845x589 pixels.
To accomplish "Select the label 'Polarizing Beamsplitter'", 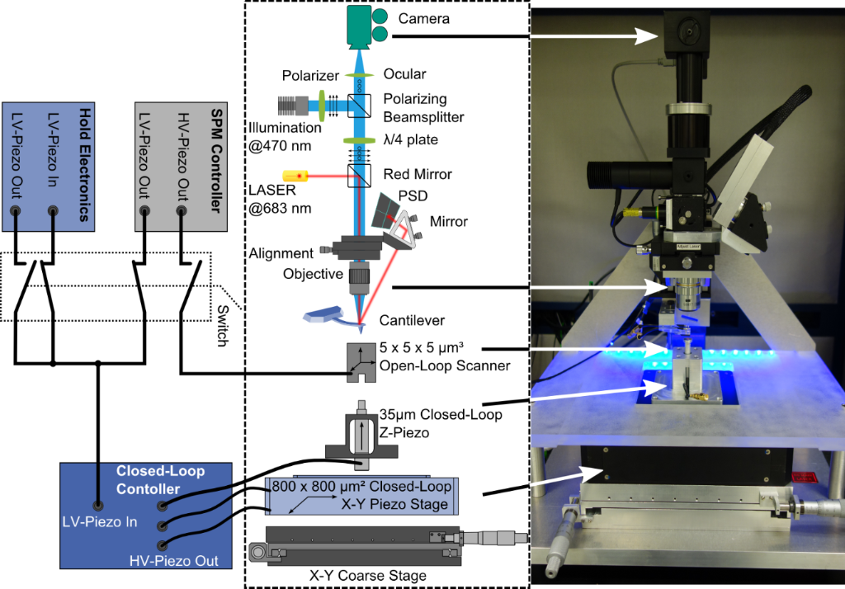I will (423, 106).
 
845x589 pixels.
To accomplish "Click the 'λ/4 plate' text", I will (411, 140).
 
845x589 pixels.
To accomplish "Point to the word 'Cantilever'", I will (413, 320).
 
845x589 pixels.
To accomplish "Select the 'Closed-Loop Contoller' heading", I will (160, 479).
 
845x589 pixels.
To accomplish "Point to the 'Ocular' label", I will (406, 74).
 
